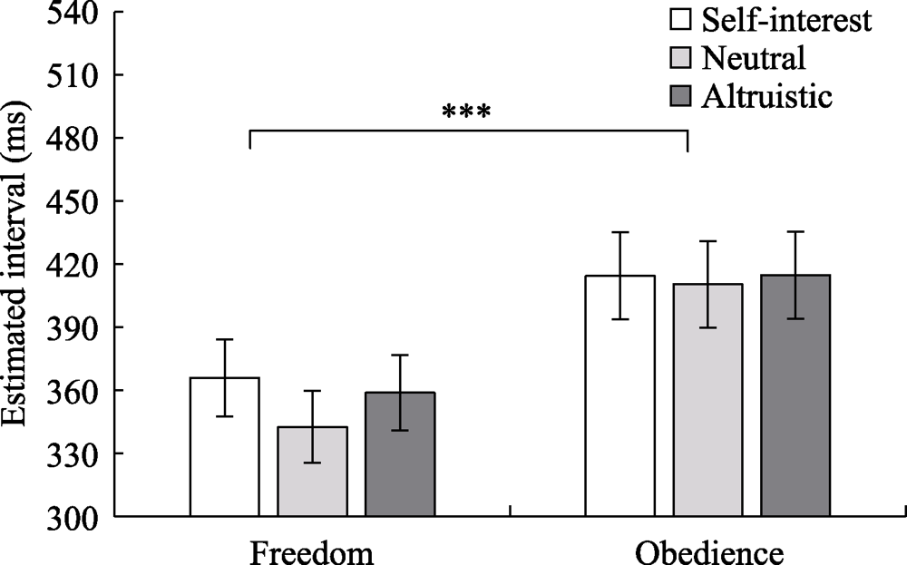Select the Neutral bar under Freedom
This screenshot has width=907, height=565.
coord(312,472)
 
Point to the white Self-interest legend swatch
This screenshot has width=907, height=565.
coord(679,21)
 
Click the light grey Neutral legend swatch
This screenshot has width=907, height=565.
coord(679,59)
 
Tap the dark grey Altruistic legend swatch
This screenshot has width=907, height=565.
coord(679,96)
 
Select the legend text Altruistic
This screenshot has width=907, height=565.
coord(766,96)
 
